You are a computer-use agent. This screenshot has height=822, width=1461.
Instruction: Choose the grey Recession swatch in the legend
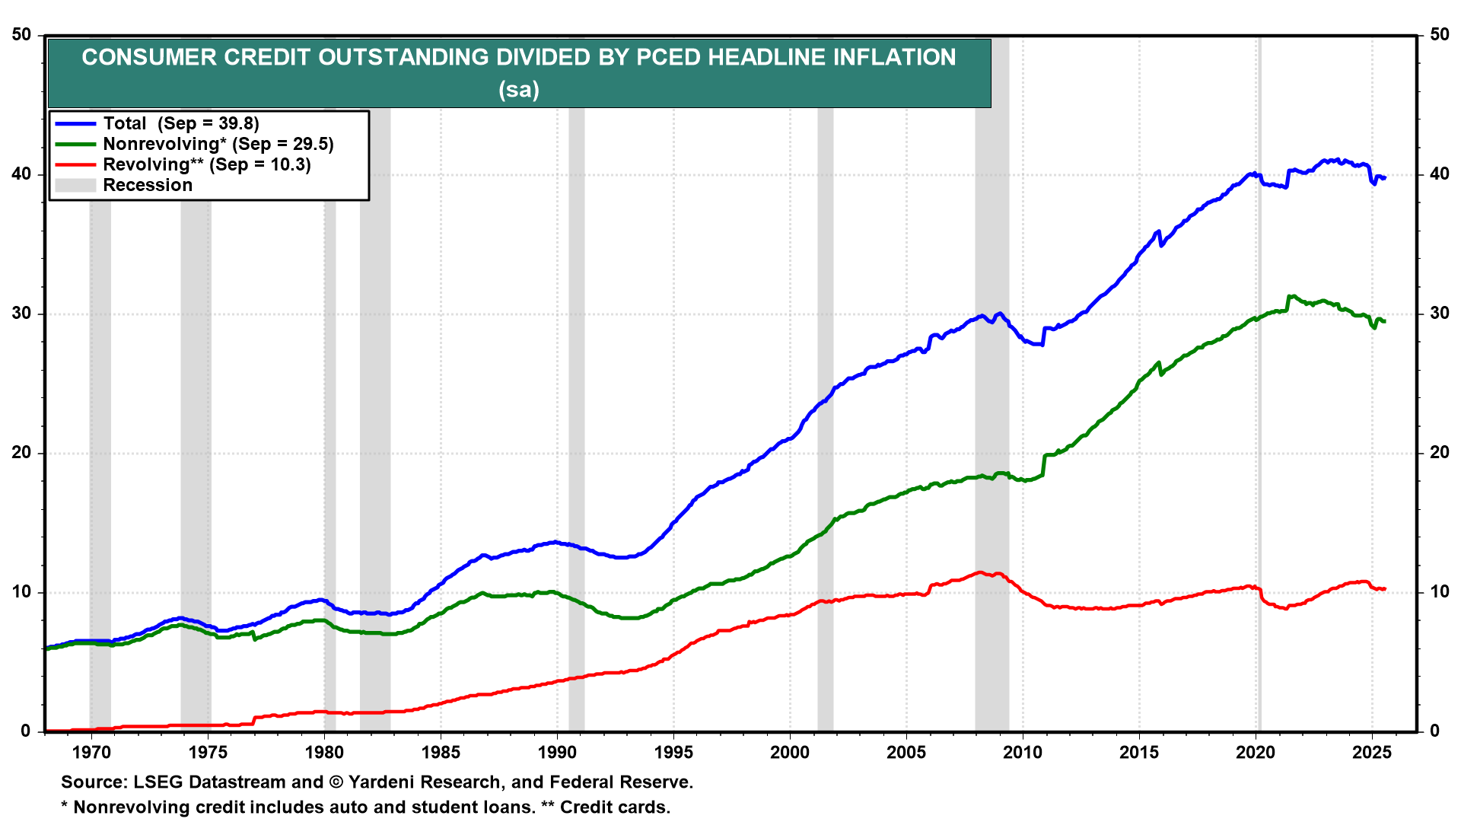75,185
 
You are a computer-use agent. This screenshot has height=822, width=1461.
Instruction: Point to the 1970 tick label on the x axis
91,753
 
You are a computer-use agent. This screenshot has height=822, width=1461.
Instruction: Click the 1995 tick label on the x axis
673,753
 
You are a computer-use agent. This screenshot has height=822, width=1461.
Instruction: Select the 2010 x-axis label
1023,753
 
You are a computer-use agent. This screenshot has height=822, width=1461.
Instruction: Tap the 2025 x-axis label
1372,753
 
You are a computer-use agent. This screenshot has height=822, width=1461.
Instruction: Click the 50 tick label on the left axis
21,35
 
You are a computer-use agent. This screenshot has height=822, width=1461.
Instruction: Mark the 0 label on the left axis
26,731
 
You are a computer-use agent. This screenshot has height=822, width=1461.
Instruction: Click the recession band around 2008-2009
992,457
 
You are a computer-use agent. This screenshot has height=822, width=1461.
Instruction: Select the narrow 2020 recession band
1259,457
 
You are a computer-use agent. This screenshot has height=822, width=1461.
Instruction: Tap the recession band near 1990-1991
576,457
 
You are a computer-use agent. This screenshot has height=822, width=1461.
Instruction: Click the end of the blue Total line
1385,177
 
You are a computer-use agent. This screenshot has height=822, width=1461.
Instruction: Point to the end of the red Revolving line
1385,588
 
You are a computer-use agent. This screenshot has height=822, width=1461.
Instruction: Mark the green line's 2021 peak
1291,297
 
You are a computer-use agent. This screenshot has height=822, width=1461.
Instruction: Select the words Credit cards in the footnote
615,808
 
